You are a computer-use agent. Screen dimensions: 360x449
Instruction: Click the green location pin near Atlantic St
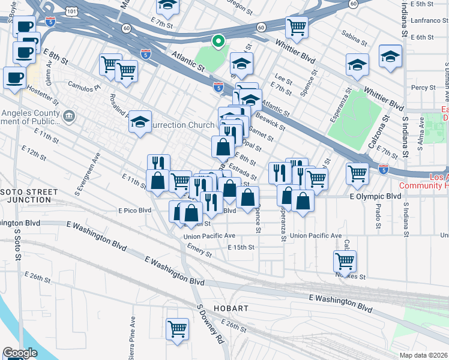(219, 41)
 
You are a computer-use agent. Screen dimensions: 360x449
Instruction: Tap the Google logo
(20, 353)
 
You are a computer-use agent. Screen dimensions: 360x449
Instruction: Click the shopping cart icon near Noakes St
(345, 261)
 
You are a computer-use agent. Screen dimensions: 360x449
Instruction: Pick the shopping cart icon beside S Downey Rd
(177, 328)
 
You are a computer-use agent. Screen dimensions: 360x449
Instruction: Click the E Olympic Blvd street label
(375, 196)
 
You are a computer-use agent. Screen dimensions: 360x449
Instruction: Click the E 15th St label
(241, 247)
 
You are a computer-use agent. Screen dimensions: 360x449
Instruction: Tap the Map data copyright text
(424, 355)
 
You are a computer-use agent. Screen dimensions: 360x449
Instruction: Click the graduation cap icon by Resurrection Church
(139, 122)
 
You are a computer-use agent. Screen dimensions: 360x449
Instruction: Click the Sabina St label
(354, 41)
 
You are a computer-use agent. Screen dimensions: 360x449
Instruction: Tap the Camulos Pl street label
(83, 87)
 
